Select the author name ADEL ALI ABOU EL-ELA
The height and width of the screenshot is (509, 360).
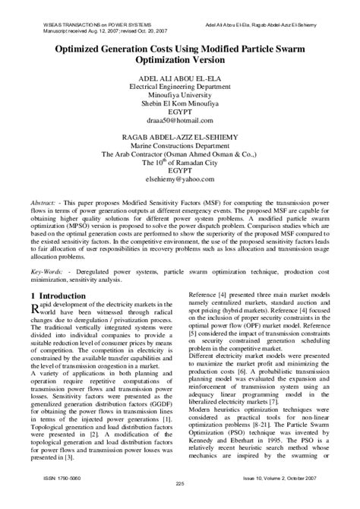(180, 77)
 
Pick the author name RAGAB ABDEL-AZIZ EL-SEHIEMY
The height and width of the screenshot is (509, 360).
(180, 136)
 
